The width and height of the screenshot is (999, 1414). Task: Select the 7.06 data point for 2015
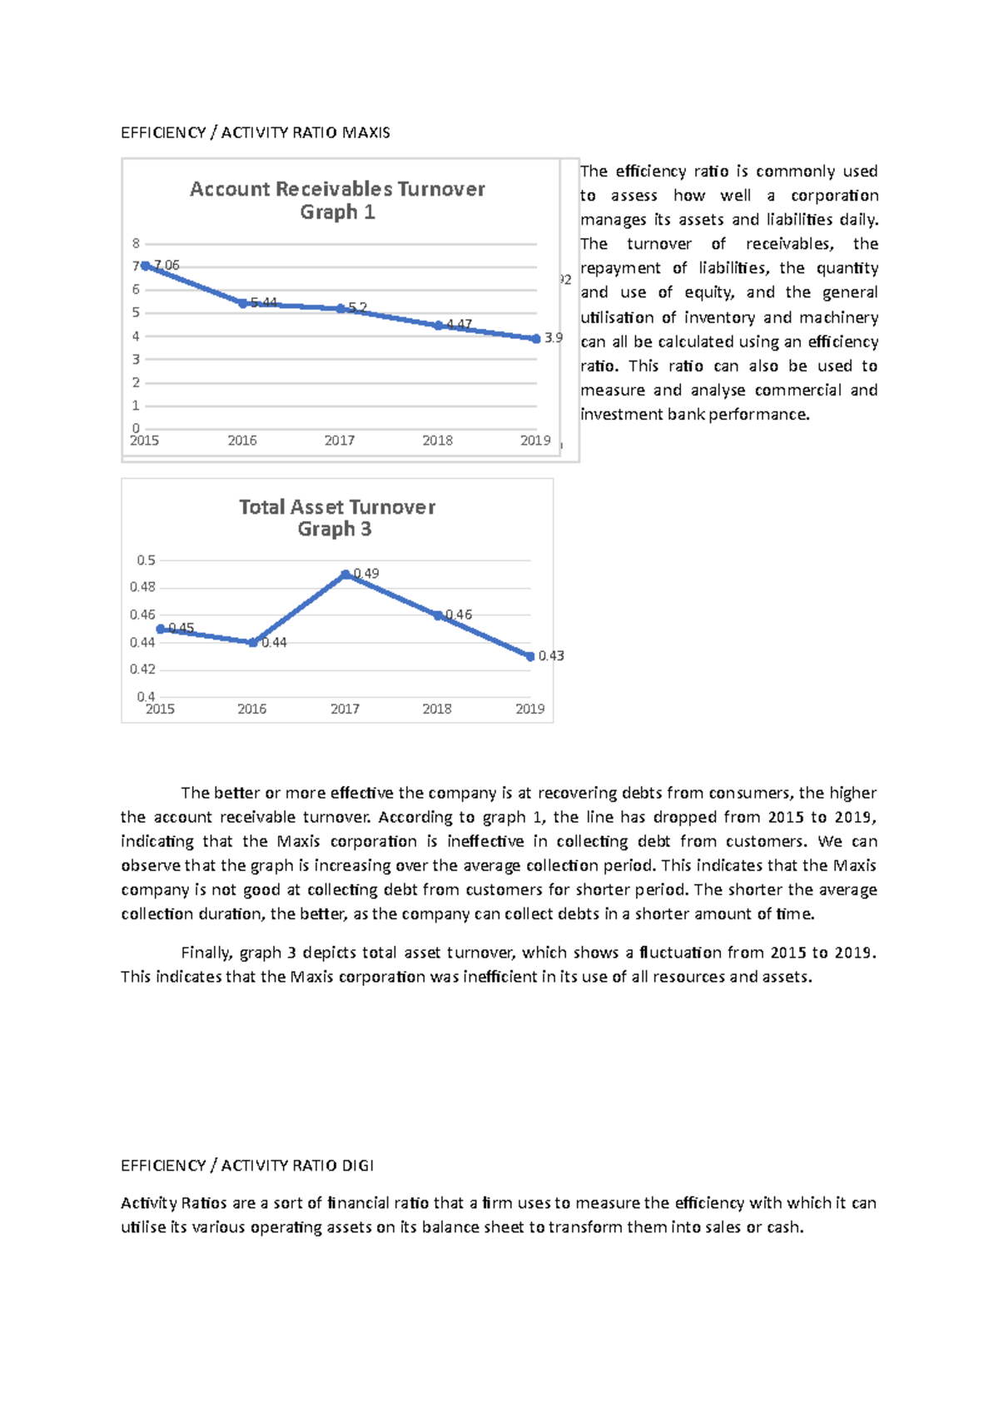coord(146,266)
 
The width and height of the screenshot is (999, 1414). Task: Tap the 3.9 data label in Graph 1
coord(554,338)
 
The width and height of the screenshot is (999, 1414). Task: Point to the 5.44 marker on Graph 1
coord(243,303)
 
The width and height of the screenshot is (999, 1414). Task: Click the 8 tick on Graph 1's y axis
coord(136,243)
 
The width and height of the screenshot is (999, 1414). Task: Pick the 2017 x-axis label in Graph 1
coord(340,441)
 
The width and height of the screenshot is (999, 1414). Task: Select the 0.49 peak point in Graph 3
coord(345,575)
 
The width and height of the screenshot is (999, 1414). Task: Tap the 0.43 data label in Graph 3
coord(551,656)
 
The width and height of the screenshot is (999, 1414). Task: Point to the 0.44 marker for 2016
coord(253,642)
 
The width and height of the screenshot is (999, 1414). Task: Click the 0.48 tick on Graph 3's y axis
coord(142,587)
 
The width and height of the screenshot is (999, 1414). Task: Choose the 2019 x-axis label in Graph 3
coord(529,709)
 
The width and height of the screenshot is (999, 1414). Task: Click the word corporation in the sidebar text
coord(834,196)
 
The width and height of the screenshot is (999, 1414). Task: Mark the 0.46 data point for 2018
coord(439,615)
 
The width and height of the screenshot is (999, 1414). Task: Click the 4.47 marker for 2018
coord(439,326)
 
